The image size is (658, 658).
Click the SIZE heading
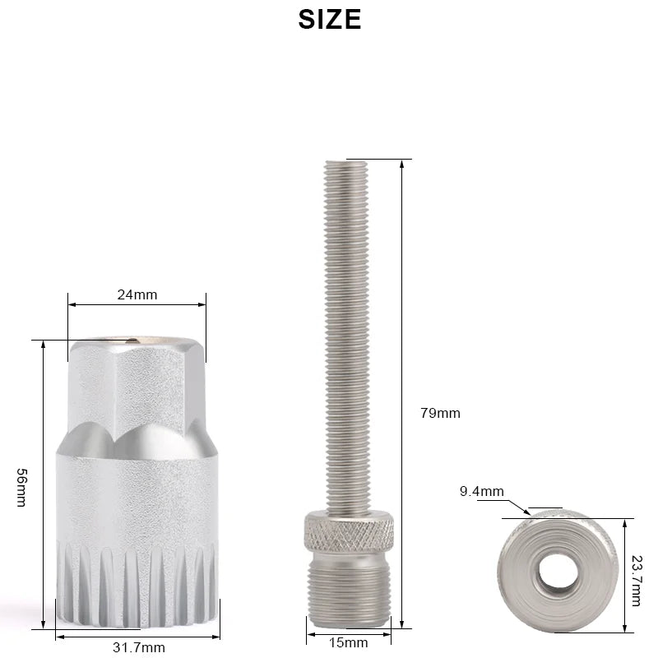click(329, 19)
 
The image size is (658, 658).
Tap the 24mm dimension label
click(137, 294)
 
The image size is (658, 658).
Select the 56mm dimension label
click(22, 487)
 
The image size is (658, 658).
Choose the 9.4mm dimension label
click(481, 492)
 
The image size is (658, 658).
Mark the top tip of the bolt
click(346, 163)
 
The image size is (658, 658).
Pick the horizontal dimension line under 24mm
click(137, 305)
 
